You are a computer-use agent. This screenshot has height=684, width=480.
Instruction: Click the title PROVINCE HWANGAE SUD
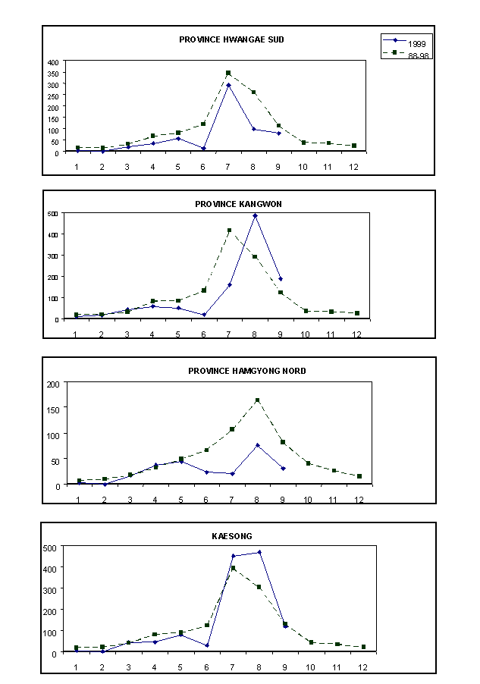(x=231, y=39)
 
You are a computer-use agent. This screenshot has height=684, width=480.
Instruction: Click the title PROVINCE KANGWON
(x=238, y=204)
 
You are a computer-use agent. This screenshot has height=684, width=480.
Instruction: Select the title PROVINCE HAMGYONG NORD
(x=247, y=371)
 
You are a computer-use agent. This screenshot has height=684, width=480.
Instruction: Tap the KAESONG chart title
(x=232, y=536)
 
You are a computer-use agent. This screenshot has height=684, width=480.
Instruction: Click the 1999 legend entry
(x=416, y=44)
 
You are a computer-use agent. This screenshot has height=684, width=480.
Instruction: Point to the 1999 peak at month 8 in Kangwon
(x=255, y=215)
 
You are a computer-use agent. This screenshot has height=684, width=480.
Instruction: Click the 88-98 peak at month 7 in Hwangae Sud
(x=228, y=73)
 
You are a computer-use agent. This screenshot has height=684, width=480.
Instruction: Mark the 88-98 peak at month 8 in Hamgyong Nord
(x=257, y=400)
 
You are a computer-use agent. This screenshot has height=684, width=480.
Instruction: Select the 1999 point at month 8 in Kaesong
(x=259, y=552)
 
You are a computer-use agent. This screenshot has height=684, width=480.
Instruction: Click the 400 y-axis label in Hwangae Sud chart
(x=52, y=62)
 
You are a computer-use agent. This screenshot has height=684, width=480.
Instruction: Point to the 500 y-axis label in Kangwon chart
(x=54, y=214)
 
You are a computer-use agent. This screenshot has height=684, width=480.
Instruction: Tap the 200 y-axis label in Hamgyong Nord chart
(x=54, y=384)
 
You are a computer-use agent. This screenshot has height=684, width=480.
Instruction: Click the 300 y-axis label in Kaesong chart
(x=52, y=588)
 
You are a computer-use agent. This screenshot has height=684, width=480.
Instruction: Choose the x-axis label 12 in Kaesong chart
(x=363, y=667)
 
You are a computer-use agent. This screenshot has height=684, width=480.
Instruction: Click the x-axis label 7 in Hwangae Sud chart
(x=227, y=165)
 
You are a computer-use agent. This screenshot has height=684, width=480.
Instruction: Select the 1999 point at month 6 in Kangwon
(x=204, y=315)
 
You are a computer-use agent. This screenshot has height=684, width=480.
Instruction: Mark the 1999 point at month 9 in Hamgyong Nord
(x=283, y=469)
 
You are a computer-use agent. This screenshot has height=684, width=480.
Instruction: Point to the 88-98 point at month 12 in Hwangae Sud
(x=353, y=146)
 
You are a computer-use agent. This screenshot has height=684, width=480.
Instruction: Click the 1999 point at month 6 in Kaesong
(x=206, y=645)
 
